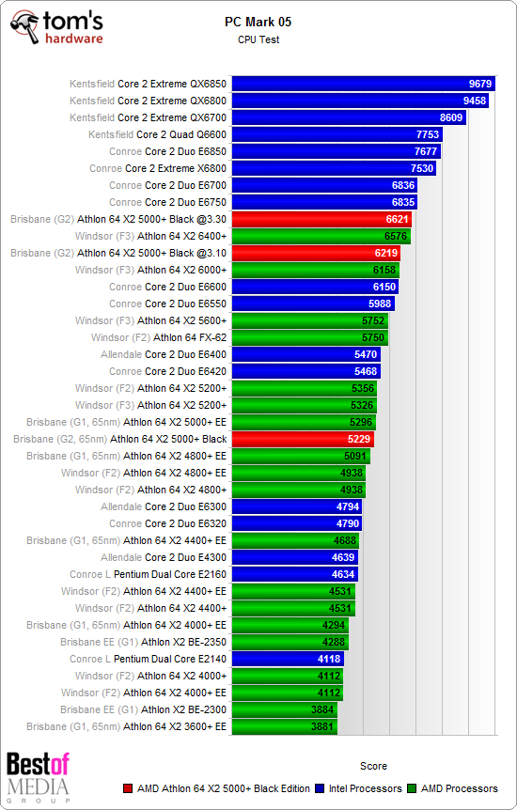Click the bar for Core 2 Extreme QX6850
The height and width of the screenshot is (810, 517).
coord(362,84)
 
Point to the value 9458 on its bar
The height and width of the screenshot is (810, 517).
coord(475,101)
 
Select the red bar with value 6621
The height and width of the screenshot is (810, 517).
coord(321,219)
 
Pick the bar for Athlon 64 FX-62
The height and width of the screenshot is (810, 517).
coord(309,337)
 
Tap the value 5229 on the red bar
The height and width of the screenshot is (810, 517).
coord(358,439)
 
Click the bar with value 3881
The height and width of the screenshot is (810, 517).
coord(284,726)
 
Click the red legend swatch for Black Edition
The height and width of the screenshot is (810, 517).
coord(128,789)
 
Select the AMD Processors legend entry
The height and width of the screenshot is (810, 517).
coord(459,788)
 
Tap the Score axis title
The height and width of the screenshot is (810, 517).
coord(373,766)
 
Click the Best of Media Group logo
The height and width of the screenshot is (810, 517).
coord(38,778)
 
